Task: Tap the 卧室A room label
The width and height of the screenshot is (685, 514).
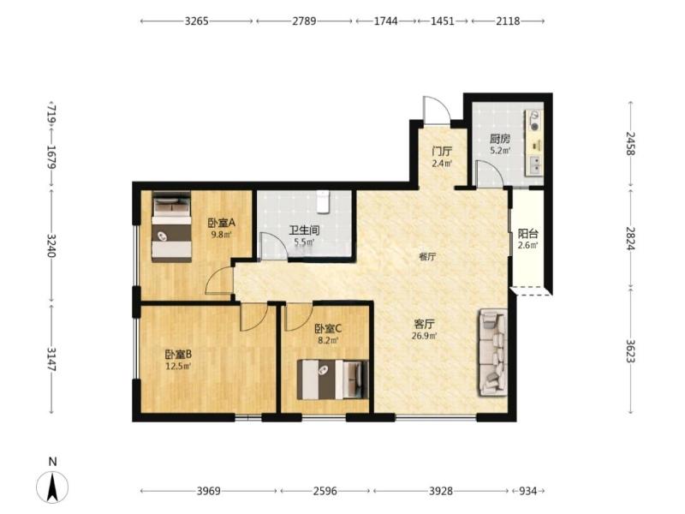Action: (222, 223)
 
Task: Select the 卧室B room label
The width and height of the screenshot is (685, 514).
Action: (178, 354)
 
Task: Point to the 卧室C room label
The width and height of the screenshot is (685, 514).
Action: (328, 328)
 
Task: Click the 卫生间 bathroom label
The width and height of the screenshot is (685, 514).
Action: (304, 230)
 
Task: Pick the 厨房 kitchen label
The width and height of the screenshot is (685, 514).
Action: (500, 140)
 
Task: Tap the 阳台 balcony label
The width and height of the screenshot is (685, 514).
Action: (527, 234)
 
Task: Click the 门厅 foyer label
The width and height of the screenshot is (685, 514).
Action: (442, 152)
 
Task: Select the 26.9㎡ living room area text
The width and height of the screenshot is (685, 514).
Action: (424, 336)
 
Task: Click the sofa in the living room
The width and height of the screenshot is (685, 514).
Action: (493, 353)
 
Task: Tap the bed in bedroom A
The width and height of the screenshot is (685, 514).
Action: (172, 227)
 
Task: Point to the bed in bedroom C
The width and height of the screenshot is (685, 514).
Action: (332, 380)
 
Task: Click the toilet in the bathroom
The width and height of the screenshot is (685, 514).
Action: (323, 201)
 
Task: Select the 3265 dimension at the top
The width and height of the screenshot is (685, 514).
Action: (197, 21)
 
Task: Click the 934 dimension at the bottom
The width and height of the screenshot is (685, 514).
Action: (527, 491)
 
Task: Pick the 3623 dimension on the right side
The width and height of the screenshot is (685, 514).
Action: (630, 351)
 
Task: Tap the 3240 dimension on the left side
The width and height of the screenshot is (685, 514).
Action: (51, 246)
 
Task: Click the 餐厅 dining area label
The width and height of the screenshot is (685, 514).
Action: (427, 257)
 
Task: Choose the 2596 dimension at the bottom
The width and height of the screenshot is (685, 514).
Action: (325, 491)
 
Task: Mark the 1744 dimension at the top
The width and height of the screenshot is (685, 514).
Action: (386, 21)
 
